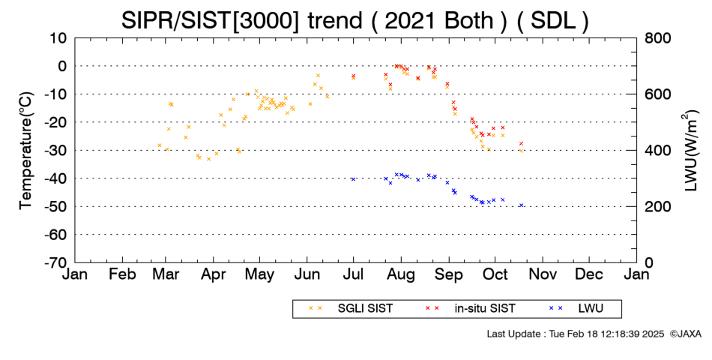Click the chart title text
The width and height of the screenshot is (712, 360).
[355, 20]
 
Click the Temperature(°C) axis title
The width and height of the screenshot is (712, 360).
[26, 151]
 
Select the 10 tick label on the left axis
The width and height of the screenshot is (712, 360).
[58, 38]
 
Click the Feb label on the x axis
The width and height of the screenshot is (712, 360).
[123, 274]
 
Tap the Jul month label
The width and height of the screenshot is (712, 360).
[353, 274]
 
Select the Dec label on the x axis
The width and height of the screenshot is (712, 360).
[589, 274]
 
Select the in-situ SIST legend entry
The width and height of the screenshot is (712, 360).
[471, 308]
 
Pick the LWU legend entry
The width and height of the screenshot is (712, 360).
[576, 308]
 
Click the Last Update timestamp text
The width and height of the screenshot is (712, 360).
[576, 334]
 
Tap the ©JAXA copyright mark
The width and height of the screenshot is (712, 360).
[685, 334]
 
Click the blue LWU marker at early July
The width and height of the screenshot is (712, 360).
[353, 179]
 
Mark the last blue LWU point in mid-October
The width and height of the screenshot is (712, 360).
[522, 205]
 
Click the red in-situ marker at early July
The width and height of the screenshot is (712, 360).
[353, 76]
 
